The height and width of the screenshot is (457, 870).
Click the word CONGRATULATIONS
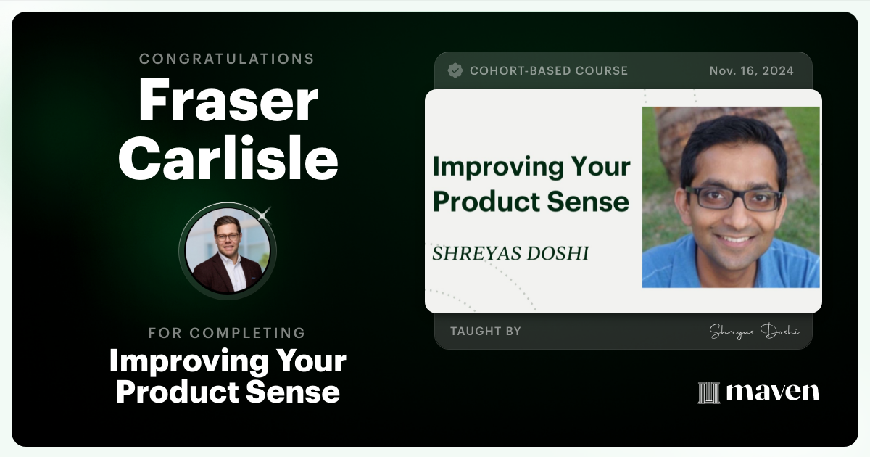coord(227,59)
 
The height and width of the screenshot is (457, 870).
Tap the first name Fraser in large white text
coord(228,102)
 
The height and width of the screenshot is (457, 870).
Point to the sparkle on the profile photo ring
coord(263,214)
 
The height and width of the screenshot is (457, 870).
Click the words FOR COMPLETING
coord(227,333)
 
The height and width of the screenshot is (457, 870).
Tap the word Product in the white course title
coord(176,392)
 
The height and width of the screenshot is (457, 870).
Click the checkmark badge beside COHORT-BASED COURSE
coord(455,70)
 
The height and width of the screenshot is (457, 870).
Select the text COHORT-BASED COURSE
coord(549,70)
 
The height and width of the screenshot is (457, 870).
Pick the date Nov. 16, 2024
coord(751,70)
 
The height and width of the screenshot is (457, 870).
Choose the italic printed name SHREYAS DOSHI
coord(510,253)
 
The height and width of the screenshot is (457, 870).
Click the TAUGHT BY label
coord(485,331)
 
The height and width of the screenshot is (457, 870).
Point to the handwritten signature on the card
coord(754,332)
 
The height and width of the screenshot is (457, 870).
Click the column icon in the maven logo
coord(708,392)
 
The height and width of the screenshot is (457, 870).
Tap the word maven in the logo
coord(773,392)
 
